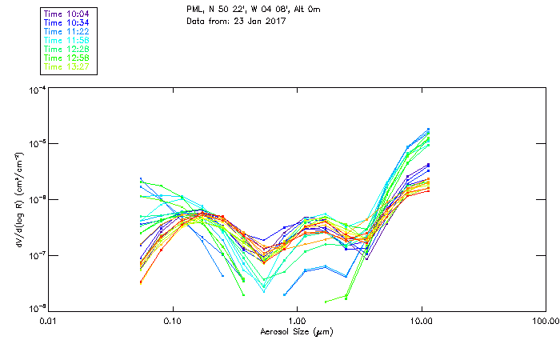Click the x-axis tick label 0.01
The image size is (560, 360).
coord(48,322)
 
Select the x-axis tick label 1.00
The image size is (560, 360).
coord(297,322)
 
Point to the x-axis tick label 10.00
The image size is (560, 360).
coord(421,322)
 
